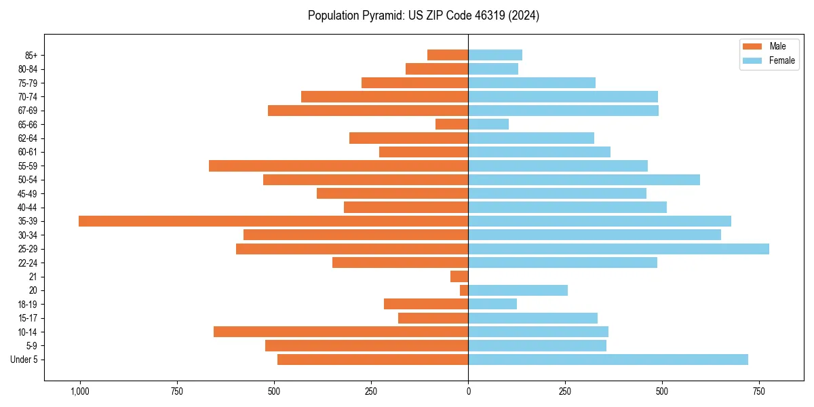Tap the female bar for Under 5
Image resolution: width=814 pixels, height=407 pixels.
(x=608, y=360)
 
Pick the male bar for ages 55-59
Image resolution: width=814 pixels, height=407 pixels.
(x=338, y=166)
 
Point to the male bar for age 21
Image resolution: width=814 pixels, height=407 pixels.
(x=459, y=277)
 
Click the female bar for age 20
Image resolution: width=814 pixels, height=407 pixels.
(x=518, y=290)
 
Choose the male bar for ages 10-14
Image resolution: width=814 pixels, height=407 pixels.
(x=341, y=332)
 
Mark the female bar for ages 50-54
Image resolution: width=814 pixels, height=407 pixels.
(x=584, y=180)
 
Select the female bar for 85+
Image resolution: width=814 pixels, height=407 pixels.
(x=495, y=55)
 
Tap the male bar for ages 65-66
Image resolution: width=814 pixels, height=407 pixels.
(x=452, y=124)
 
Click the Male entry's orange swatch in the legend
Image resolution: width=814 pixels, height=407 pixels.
(x=752, y=46)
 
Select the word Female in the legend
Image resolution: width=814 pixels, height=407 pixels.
(x=781, y=60)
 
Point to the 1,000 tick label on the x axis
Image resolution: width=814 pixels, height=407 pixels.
(x=80, y=392)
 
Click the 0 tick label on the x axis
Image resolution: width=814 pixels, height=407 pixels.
(x=468, y=392)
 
